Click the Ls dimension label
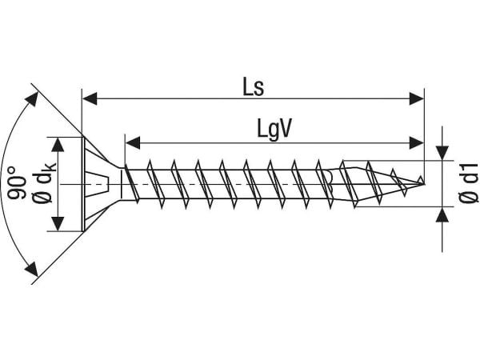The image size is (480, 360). [253, 86]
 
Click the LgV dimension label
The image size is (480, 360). [274, 129]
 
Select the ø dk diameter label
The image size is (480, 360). [44, 183]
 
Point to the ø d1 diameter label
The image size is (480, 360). [469, 182]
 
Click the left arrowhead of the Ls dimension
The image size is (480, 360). [90, 98]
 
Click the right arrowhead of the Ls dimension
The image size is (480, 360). [417, 98]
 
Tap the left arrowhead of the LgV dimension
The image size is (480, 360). [133, 142]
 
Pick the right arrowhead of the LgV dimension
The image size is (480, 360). [417, 142]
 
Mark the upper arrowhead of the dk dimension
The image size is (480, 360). [58, 145]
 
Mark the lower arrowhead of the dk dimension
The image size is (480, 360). [58, 224]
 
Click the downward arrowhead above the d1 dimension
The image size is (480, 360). [442, 153]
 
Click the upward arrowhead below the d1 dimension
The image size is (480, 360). [442, 214]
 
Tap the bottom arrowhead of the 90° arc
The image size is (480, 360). [32, 269]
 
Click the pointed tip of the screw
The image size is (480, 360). [425, 184]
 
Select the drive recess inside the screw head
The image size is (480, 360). [98, 184]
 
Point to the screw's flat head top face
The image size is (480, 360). [82, 184]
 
